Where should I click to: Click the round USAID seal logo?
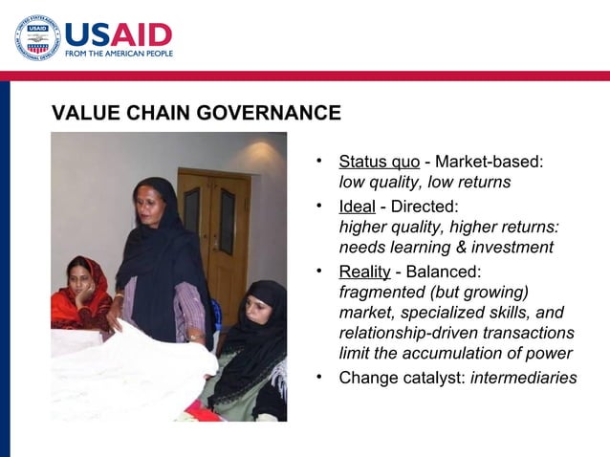point(37,38)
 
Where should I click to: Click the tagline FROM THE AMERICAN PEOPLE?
point(120,54)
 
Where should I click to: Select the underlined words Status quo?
point(379,162)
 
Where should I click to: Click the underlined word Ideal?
point(357,207)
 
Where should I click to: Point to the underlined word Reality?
point(364,272)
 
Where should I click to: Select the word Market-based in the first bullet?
point(490,162)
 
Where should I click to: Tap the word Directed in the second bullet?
point(423,207)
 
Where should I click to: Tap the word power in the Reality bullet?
point(545,355)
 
